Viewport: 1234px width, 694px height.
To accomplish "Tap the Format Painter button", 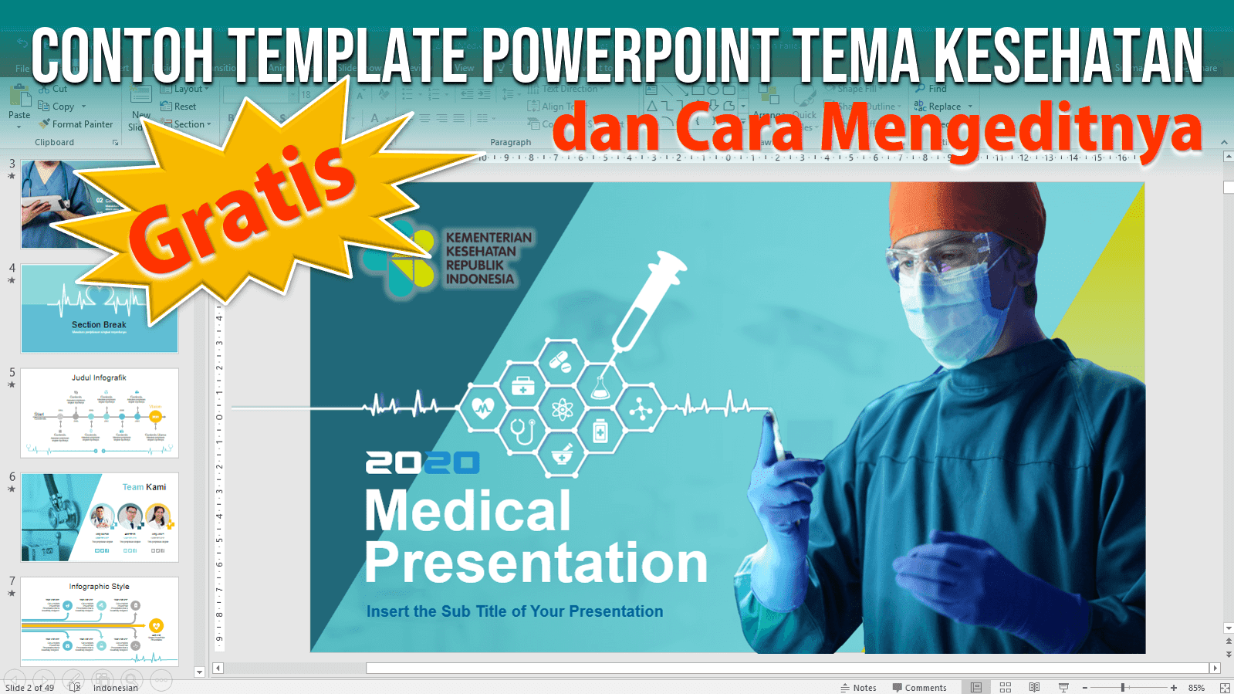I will [x=77, y=124].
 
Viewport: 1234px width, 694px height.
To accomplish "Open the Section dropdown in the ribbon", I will [x=188, y=124].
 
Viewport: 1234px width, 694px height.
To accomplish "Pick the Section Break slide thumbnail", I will [x=100, y=309].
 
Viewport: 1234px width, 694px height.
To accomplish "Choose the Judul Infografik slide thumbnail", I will [x=100, y=413].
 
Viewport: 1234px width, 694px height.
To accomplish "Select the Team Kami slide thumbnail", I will [x=100, y=517].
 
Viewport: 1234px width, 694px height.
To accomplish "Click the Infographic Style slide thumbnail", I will [x=100, y=621].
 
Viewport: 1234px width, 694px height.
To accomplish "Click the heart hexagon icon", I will [x=483, y=407].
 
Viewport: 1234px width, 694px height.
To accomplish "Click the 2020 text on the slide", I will [x=422, y=462].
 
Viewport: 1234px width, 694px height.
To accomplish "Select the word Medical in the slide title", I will [x=468, y=511].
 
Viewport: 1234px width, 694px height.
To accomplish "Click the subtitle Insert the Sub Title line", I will [x=515, y=611].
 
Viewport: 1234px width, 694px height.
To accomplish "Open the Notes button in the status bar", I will [x=858, y=687].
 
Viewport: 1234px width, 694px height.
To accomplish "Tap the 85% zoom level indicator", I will [x=1196, y=687].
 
